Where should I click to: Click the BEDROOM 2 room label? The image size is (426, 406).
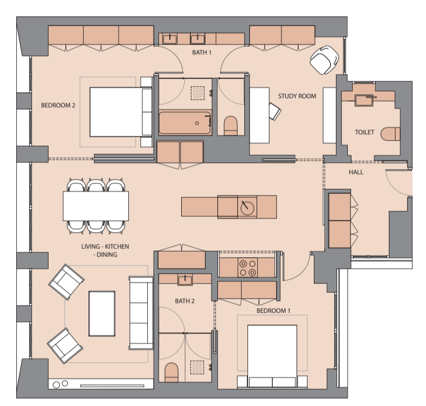click(58, 105)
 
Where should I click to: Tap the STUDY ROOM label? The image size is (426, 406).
click(297, 96)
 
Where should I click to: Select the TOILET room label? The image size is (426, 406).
click(365, 132)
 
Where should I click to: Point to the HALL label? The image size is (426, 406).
click(356, 172)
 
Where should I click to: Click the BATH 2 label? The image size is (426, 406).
click(185, 301)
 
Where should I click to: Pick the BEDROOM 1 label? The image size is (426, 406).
click(273, 311)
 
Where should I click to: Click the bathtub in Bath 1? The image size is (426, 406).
click(185, 123)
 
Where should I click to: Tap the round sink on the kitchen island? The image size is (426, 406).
click(247, 208)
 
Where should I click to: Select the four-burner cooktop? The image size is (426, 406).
click(248, 267)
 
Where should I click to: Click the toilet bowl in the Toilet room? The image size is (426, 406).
click(390, 134)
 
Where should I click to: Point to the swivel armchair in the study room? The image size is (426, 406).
click(325, 60)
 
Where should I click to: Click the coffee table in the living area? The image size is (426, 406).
click(102, 314)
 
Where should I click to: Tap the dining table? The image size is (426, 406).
click(96, 206)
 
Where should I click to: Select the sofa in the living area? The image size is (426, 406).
click(141, 313)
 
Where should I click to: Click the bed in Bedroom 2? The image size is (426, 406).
click(121, 112)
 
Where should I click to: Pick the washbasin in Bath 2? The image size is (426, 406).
click(185, 280)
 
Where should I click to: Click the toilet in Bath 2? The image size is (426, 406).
click(171, 372)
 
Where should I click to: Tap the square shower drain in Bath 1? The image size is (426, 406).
click(197, 93)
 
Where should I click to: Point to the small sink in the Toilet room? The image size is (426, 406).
click(365, 100)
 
